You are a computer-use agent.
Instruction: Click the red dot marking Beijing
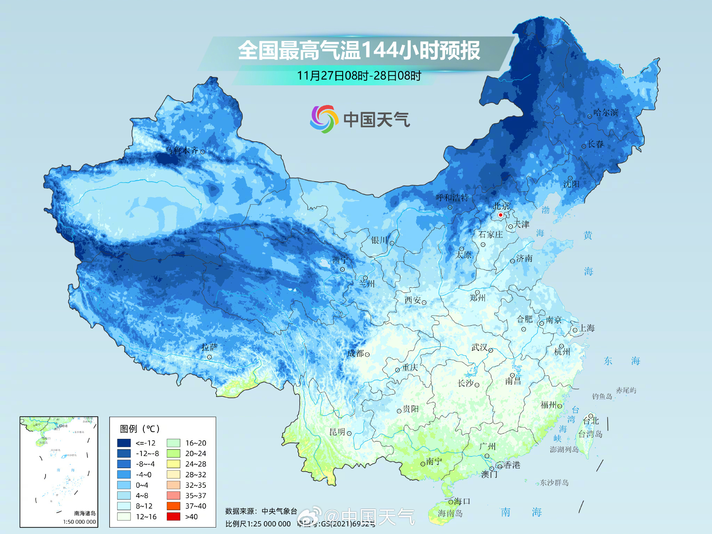pos(500,215)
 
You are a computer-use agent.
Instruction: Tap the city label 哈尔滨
pos(606,112)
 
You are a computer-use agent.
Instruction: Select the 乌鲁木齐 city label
pos(182,150)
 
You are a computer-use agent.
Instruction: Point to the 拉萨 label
pos(209,347)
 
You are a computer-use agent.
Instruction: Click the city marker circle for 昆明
pos(349,433)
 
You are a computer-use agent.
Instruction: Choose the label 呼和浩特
pos(452,198)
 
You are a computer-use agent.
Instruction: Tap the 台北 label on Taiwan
pos(591,421)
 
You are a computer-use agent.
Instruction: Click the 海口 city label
pos(462,501)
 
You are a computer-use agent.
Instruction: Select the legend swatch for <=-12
pos(124,443)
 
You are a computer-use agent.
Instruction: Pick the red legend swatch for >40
pos(173,517)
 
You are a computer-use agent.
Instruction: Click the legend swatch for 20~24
pos(173,454)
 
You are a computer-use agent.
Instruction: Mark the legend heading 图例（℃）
pos(140,429)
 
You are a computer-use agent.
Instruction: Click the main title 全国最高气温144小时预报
pos(359,50)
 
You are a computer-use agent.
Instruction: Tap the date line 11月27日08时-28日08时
pos(359,75)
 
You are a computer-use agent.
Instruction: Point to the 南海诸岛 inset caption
pos(85,513)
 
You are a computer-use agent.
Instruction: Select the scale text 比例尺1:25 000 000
pos(258,524)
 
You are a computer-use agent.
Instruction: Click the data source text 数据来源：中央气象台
pos(261,511)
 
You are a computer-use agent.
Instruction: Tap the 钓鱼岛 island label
pos(602,396)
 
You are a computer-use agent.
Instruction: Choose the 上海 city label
pos(587,328)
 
